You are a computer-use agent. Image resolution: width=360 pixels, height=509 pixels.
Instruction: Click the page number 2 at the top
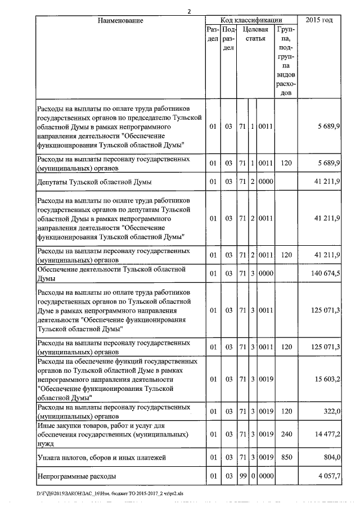(x=189, y=11)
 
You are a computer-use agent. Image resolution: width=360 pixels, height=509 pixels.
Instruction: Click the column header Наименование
(x=120, y=20)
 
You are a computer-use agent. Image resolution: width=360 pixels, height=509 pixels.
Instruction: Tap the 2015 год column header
(x=319, y=20)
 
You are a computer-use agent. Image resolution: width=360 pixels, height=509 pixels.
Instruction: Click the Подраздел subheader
(x=228, y=39)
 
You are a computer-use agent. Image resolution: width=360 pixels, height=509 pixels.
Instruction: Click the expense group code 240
(x=286, y=435)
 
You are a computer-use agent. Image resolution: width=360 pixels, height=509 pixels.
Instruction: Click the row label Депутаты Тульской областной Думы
(x=94, y=182)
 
